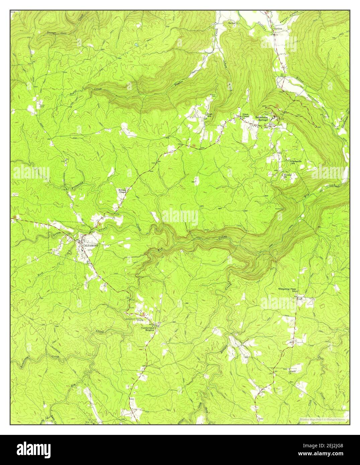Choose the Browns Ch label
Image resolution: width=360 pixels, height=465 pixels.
[288, 176]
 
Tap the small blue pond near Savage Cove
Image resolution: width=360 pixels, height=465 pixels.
[136, 44]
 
